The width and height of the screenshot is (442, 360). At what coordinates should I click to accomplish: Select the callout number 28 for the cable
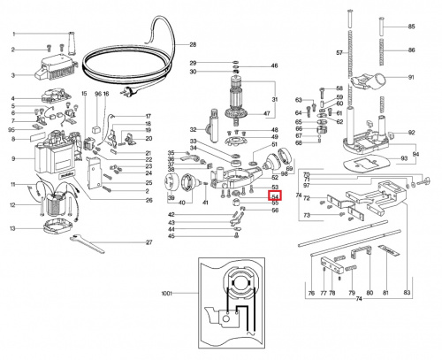tap(193, 45)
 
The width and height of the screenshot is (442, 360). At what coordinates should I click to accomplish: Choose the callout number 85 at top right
tap(410, 27)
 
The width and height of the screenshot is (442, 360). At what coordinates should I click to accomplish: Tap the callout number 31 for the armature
tap(274, 98)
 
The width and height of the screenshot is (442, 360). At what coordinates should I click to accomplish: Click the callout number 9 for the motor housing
tap(13, 159)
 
